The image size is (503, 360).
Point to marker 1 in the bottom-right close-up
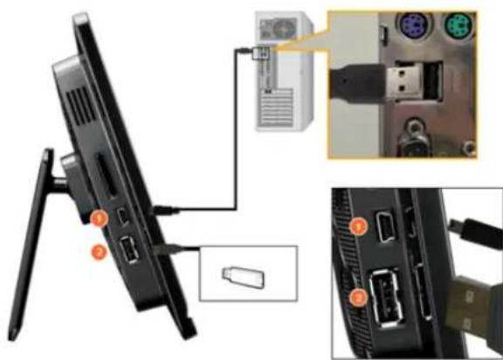pyautogui.click(x=355, y=229)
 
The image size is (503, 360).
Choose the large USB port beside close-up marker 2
pyautogui.click(x=386, y=294)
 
